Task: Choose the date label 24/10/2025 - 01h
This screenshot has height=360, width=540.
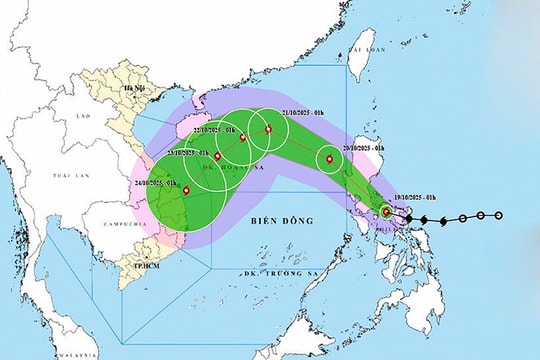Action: click(153, 184)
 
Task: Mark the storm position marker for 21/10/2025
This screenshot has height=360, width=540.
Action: click(267, 129)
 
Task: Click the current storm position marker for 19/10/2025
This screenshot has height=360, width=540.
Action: click(387, 212)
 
